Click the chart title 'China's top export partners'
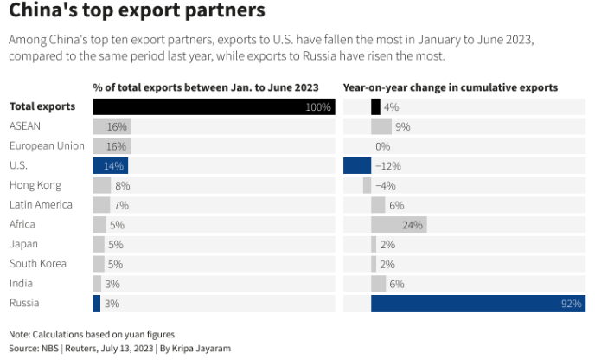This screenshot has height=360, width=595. coord(136,13)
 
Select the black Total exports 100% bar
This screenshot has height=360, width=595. coord(213,106)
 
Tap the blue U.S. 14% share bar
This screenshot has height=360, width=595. coord(110,165)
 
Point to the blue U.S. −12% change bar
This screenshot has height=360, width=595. coord(357,165)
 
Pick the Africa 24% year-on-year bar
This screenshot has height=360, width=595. coord(399,224)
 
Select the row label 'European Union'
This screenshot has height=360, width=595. coord(47,145)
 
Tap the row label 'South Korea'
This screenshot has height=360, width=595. coord(39,263)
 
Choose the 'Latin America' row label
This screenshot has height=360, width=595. coord(41,205)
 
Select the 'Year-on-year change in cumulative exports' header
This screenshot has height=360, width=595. coord(450,87)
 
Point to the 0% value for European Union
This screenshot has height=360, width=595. coord(382,146)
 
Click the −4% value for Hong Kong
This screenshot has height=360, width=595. coord(385,185)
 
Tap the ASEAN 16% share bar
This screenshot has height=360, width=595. coord(112,126)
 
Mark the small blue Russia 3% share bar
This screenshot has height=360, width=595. coord(96,303)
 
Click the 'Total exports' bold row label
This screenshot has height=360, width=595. coord(42,106)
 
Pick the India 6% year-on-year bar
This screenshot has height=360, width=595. coord(379,283)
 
